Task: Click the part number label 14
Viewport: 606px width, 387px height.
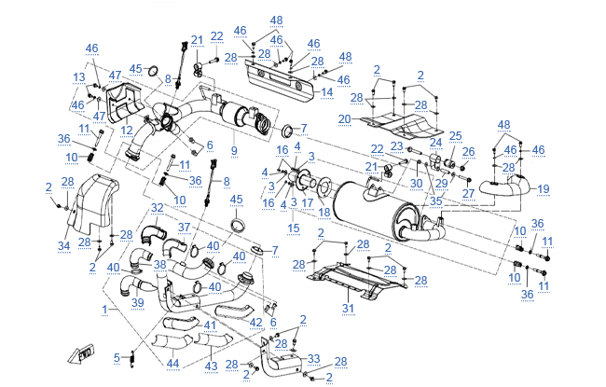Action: point(326,92)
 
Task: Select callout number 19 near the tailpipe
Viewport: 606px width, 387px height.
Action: point(544,189)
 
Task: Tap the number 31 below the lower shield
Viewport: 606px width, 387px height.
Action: point(349,309)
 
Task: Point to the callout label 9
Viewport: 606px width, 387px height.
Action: point(234,150)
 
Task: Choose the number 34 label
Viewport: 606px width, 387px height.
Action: point(63,245)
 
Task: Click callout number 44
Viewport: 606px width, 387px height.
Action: point(172,362)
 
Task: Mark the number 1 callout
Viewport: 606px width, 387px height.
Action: point(113,307)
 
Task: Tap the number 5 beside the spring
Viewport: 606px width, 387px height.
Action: point(117,356)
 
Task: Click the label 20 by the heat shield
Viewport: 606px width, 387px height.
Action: point(345,118)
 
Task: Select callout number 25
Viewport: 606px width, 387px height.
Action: point(455,136)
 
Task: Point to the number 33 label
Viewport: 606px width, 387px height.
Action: point(313,358)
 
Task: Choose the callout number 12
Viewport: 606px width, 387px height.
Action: point(126,130)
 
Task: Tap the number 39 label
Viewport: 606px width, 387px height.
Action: point(138,302)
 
